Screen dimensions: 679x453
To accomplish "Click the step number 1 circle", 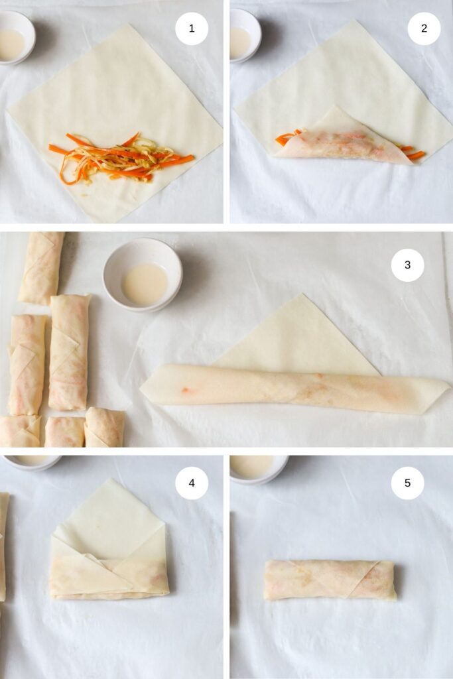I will pos(192,29).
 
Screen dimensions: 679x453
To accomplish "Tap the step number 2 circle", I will pos(424,29).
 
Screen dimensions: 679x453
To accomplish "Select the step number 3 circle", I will pos(407,265).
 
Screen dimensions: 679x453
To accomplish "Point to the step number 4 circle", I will pos(192,483).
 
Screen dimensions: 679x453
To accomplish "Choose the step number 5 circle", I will pos(407,483).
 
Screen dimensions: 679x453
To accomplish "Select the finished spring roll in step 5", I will pos(329,580).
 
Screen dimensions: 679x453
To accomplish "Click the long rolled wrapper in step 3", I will pos(292,388).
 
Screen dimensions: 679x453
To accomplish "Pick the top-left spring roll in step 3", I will pos(41,267).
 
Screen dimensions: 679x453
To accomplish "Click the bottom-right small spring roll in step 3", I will pos(104,427).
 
